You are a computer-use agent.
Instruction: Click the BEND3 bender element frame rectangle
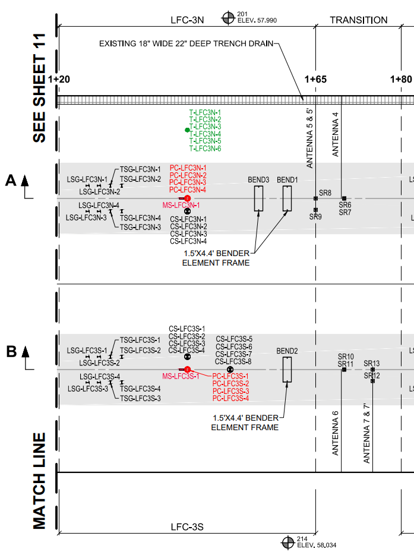[x=255, y=198]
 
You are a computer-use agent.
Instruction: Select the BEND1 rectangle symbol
[x=283, y=198]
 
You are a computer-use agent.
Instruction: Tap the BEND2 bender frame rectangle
[x=283, y=370]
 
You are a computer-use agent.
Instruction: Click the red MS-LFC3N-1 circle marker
[x=187, y=198]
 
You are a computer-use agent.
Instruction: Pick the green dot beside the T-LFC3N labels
[x=187, y=130]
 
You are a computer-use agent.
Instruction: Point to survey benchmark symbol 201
[x=228, y=18]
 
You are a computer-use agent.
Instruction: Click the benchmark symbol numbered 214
[x=288, y=542]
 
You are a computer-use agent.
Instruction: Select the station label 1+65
[x=315, y=79]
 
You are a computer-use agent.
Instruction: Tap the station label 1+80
[x=401, y=79]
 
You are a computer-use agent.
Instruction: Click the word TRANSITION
[x=358, y=20]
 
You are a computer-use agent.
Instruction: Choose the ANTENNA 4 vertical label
[x=335, y=134]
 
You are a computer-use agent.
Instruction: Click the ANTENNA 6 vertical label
[x=335, y=433]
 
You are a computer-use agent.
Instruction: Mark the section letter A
[x=11, y=180]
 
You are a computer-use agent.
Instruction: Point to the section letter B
[x=11, y=351]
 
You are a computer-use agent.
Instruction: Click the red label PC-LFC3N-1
[x=188, y=168]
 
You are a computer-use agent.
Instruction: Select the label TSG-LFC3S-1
[x=140, y=340]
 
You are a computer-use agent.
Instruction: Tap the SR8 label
[x=325, y=193]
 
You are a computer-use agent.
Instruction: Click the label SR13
[x=372, y=363]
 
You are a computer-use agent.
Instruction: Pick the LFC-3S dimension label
[x=187, y=527]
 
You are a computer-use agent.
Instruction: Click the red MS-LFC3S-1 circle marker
[x=187, y=370]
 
